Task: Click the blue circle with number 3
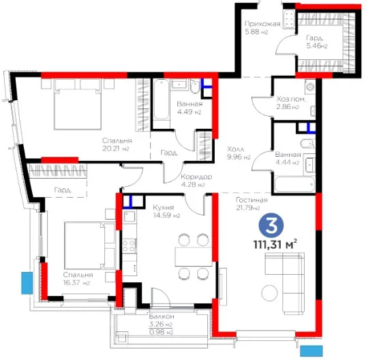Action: point(271,225)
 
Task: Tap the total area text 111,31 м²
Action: point(275,245)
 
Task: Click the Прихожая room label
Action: point(262,24)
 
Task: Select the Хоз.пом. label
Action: point(291,99)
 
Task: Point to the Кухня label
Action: point(164,207)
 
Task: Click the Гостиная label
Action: point(251,200)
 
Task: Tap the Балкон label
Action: point(162,316)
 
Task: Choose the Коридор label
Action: point(196,177)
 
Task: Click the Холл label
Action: point(236,149)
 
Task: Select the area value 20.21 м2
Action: point(116,148)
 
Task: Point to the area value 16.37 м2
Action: point(76,283)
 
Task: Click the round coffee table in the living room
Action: point(269,292)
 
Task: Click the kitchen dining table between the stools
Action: point(194,256)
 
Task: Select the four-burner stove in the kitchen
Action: point(129,245)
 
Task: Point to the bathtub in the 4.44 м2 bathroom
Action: point(294,184)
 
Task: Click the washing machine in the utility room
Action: point(310,87)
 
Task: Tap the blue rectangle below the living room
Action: point(311,351)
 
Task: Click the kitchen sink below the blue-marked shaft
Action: point(129,216)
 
